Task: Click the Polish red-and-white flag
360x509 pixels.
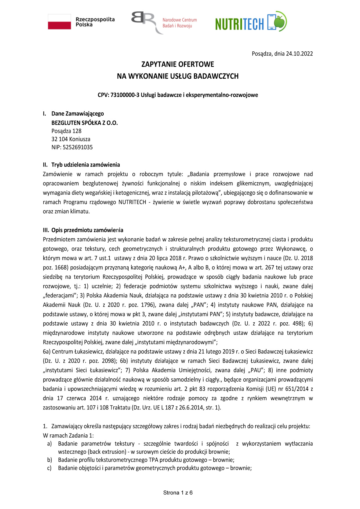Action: coord(60,22)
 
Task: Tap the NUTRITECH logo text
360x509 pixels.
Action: coord(240,24)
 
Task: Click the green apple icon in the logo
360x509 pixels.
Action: coord(280,21)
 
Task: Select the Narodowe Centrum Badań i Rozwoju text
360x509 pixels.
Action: coord(179,23)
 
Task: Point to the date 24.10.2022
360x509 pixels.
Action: coord(299,54)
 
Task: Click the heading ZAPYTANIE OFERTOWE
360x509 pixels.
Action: coord(178,64)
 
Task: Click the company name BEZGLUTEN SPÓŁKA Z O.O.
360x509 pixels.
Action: coord(84,123)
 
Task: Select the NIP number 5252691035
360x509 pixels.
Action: coord(78,147)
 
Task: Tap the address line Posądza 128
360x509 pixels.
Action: coord(66,131)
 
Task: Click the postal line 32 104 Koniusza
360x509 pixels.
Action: coord(71,139)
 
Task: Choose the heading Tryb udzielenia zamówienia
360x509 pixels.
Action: coord(86,165)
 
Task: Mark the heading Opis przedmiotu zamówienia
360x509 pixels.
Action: coord(87,230)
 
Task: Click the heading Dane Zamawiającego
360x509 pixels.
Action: coord(78,113)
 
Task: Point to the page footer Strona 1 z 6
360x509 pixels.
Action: coord(178,492)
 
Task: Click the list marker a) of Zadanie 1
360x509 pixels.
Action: coord(49,444)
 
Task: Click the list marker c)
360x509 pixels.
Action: coord(49,468)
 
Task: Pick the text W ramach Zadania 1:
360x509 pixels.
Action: coord(68,436)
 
